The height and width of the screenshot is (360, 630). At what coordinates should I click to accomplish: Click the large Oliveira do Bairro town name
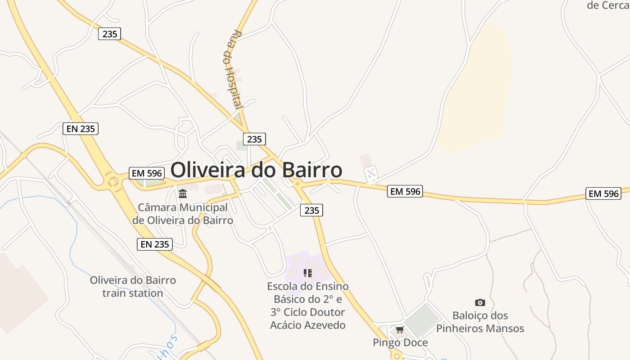(x=256, y=170)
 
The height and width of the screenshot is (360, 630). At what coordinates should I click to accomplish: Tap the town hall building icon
(x=183, y=194)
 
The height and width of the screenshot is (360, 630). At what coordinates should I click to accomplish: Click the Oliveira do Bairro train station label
(x=133, y=287)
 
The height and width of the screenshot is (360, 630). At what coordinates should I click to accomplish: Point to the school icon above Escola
(x=308, y=273)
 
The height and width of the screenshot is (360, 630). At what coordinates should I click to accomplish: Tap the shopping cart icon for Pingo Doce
(x=400, y=330)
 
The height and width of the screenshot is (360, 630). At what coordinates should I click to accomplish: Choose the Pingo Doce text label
(x=400, y=342)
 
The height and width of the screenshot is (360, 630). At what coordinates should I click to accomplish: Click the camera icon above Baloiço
(x=480, y=302)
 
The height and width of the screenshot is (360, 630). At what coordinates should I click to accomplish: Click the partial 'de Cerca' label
(x=607, y=5)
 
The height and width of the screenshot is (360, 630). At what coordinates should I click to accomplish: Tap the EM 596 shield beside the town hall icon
(x=147, y=173)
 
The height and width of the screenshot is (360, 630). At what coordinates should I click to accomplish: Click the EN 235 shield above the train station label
(x=155, y=244)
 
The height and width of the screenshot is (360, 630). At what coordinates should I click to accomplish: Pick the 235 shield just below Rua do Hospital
(x=254, y=139)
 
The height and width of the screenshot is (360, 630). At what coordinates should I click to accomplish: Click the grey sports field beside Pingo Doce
(x=422, y=320)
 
